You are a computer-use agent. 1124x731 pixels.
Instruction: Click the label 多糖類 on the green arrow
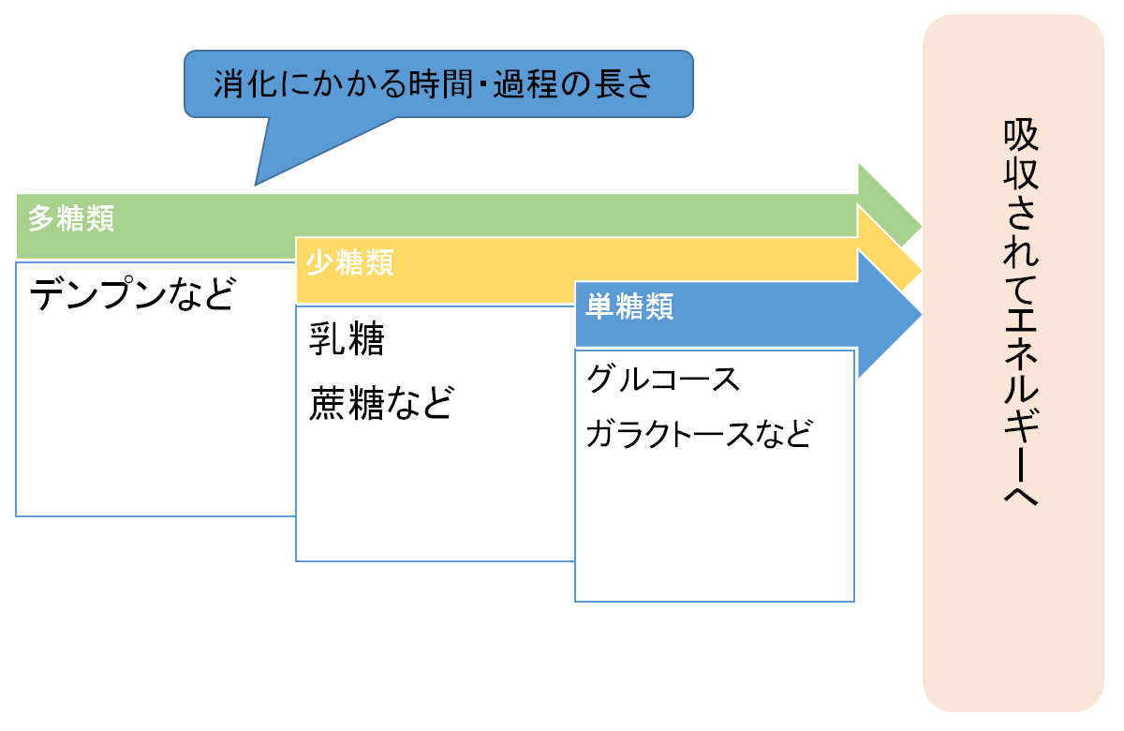pyautogui.click(x=71, y=218)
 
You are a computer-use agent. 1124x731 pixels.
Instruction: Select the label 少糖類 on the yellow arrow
pyautogui.click(x=349, y=262)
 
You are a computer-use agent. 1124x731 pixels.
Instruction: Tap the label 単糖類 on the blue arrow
pyautogui.click(x=629, y=306)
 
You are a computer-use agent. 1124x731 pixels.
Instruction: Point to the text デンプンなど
pyautogui.click(x=132, y=293)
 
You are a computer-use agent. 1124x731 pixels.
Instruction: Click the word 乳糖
pyautogui.click(x=347, y=339)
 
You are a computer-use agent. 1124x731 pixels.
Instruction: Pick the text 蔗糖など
pyautogui.click(x=382, y=403)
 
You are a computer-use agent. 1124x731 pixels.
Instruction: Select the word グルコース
pyautogui.click(x=663, y=380)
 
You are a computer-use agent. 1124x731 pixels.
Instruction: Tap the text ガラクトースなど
pyautogui.click(x=699, y=434)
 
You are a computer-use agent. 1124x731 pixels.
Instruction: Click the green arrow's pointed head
pyautogui.click(x=922, y=227)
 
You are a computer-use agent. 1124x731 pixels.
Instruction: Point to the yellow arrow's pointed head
pyautogui.click(x=922, y=271)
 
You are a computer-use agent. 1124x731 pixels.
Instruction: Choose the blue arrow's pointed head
pyautogui.click(x=922, y=315)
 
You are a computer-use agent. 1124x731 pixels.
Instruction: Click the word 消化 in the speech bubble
pyautogui.click(x=245, y=83)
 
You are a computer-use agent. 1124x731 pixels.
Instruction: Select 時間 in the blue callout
pyautogui.click(x=441, y=83)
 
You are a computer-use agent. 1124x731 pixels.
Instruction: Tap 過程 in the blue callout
pyautogui.click(x=525, y=83)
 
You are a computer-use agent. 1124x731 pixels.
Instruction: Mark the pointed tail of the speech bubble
pyautogui.click(x=255, y=186)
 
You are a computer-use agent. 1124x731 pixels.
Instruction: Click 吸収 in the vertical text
pyautogui.click(x=1021, y=154)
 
